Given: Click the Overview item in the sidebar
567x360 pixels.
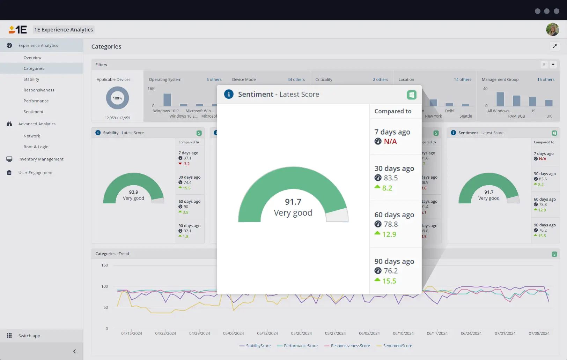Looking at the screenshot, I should pyautogui.click(x=32, y=58).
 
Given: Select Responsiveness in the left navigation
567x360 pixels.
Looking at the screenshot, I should pyautogui.click(x=39, y=90).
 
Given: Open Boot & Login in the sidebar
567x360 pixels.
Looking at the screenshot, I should pyautogui.click(x=36, y=147).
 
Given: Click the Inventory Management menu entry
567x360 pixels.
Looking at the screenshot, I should pyautogui.click(x=41, y=159).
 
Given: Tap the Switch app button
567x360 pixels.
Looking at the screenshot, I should pyautogui.click(x=29, y=336).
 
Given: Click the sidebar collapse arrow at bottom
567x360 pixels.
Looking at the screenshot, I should pyautogui.click(x=74, y=351).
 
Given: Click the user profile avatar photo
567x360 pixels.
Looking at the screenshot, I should pyautogui.click(x=552, y=30).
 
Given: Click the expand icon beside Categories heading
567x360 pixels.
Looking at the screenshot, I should pyautogui.click(x=554, y=46).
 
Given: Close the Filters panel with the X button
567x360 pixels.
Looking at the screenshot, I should pyautogui.click(x=544, y=65).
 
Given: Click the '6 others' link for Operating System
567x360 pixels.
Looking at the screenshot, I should pyautogui.click(x=214, y=80).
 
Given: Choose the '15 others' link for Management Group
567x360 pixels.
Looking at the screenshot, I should pyautogui.click(x=546, y=80).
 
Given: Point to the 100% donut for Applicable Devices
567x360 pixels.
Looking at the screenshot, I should pyautogui.click(x=117, y=98).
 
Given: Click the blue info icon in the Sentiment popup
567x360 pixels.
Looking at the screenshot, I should pyautogui.click(x=229, y=94).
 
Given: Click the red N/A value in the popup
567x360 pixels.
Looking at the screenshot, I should pyautogui.click(x=390, y=141).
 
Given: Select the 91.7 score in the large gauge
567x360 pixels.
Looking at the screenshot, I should pyautogui.click(x=293, y=202).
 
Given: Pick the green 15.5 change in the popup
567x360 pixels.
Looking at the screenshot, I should pyautogui.click(x=389, y=281).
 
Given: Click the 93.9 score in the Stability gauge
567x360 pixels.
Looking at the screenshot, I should pyautogui.click(x=133, y=192).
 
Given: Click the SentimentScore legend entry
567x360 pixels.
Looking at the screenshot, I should pyautogui.click(x=397, y=346).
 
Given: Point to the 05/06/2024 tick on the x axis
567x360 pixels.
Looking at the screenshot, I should pyautogui.click(x=234, y=333).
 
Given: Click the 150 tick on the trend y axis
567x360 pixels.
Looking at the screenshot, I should pyautogui.click(x=104, y=265).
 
